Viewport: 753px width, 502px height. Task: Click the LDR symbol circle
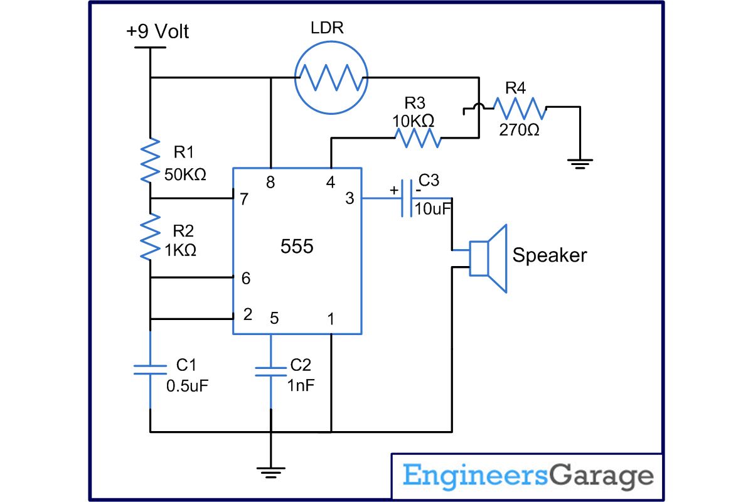[x=331, y=78]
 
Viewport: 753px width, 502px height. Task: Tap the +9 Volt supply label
[x=158, y=31]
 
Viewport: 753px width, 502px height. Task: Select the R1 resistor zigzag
[x=151, y=161]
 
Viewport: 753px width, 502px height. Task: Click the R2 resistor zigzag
[x=151, y=237]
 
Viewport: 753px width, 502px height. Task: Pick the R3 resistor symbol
[x=417, y=138]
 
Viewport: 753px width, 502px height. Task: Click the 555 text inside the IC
[x=296, y=247]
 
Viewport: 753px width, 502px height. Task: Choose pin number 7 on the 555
[x=244, y=199]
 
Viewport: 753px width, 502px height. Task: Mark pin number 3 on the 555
[x=350, y=199]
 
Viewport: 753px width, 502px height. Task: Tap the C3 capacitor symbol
[x=406, y=198]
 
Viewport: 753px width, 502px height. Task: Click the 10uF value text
[x=434, y=209]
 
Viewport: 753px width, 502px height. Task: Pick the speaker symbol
[x=489, y=258]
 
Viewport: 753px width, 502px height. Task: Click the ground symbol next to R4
[x=580, y=164]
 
